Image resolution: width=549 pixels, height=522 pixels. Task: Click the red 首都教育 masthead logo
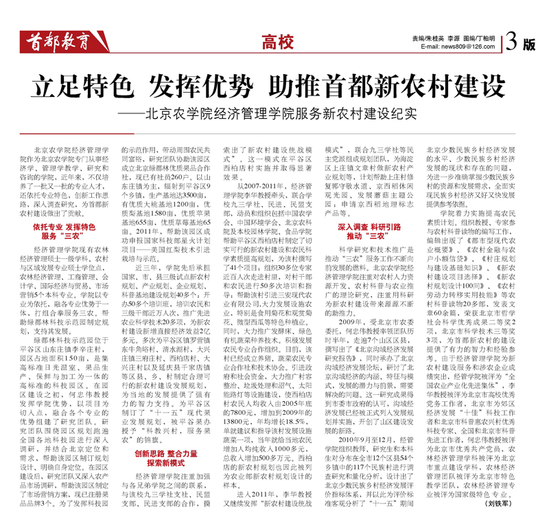(59, 42)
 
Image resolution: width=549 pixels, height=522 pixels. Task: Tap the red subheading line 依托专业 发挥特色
(64, 225)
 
